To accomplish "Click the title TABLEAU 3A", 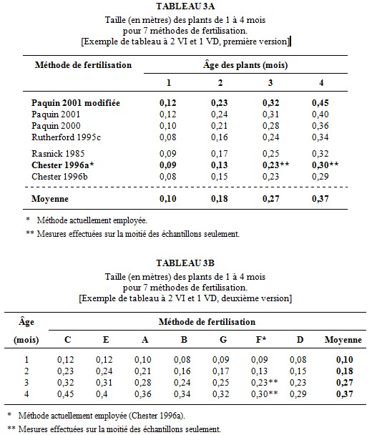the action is tap(185, 6).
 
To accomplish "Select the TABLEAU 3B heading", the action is tap(185, 263).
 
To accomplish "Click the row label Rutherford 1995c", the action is tap(66, 137).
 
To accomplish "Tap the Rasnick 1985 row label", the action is tap(58, 154).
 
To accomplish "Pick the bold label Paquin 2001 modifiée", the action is tap(76, 103).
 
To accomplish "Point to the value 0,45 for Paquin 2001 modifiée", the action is tap(320, 103).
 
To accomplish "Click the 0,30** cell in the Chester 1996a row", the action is tap(325, 165).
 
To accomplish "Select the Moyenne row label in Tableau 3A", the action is tap(50, 199).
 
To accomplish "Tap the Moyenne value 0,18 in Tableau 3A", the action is tap(219, 199).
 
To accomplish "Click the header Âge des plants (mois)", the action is tap(245, 65).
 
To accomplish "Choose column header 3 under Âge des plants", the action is tap(270, 83).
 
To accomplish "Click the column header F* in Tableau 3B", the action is tap(261, 340).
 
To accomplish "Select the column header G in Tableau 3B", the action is tap(223, 340).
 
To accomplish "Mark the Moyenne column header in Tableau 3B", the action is tap(343, 340).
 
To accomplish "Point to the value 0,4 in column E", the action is tap(102, 394).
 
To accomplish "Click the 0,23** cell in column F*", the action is tap(265, 383).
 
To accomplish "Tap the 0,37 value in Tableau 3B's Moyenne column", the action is tap(345, 394).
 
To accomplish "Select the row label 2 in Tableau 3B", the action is tap(26, 371).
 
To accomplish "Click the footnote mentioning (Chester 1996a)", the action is tap(97, 416).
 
